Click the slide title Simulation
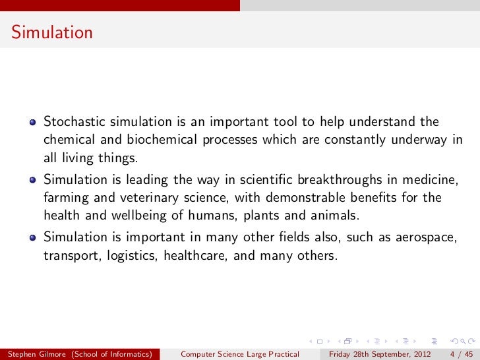click(51, 32)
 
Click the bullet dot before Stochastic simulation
click(32, 122)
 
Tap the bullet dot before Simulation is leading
click(32, 179)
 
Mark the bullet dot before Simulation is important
click(32, 237)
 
